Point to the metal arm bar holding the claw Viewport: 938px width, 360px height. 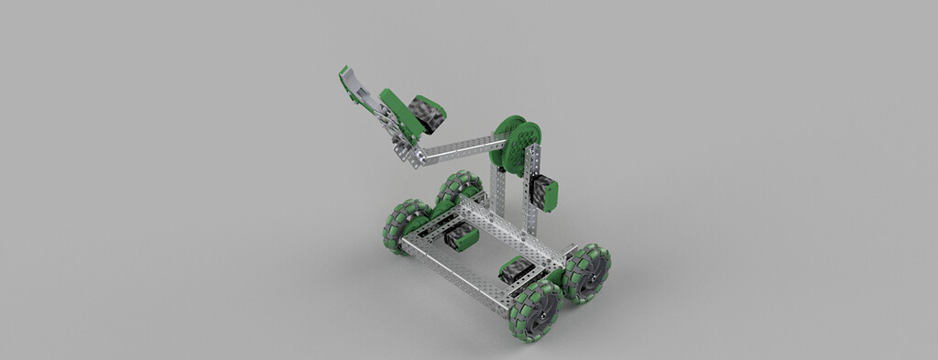click(x=458, y=147)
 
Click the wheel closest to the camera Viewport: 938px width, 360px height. click(x=533, y=310)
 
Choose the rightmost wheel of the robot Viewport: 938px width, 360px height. click(x=587, y=272)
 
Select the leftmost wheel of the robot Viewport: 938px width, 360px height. click(x=404, y=226)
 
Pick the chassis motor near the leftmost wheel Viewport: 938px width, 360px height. click(x=460, y=239)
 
